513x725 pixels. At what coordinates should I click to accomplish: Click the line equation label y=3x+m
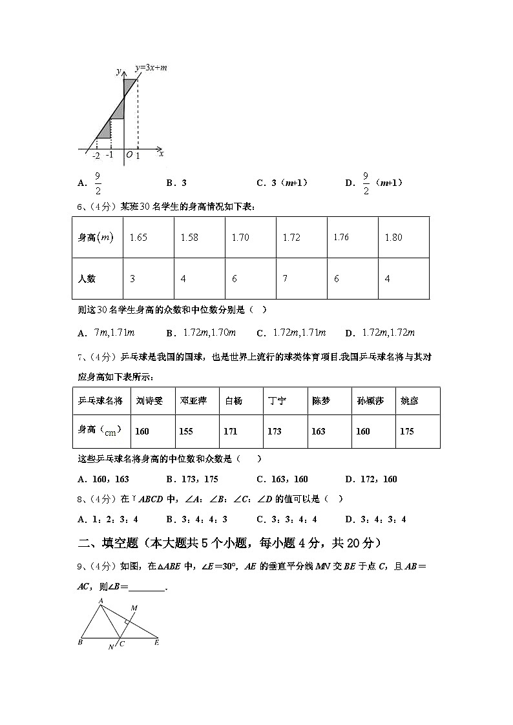pyautogui.click(x=151, y=67)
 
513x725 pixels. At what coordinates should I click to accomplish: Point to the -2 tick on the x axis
pyautogui.click(x=96, y=156)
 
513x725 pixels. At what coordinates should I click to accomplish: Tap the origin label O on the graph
pyautogui.click(x=129, y=156)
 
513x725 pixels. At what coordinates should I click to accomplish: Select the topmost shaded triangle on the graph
pyautogui.click(x=130, y=86)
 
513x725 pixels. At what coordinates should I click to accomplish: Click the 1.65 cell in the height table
pyautogui.click(x=138, y=238)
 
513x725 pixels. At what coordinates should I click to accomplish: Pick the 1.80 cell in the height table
pyautogui.click(x=393, y=238)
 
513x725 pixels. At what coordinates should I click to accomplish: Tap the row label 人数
pyautogui.click(x=87, y=279)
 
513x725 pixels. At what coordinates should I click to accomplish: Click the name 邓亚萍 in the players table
pyautogui.click(x=193, y=401)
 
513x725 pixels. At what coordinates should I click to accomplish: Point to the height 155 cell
pyautogui.click(x=186, y=431)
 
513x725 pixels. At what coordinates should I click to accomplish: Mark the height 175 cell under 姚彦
pyautogui.click(x=407, y=431)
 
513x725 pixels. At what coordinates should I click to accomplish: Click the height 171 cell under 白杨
pyautogui.click(x=231, y=431)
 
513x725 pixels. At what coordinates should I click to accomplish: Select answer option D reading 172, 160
pyautogui.click(x=372, y=479)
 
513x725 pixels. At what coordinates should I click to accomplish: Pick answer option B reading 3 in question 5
pyautogui.click(x=176, y=183)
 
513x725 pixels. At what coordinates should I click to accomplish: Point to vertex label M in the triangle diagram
pyautogui.click(x=134, y=608)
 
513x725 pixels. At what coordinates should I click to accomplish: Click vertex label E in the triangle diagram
pyautogui.click(x=156, y=643)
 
